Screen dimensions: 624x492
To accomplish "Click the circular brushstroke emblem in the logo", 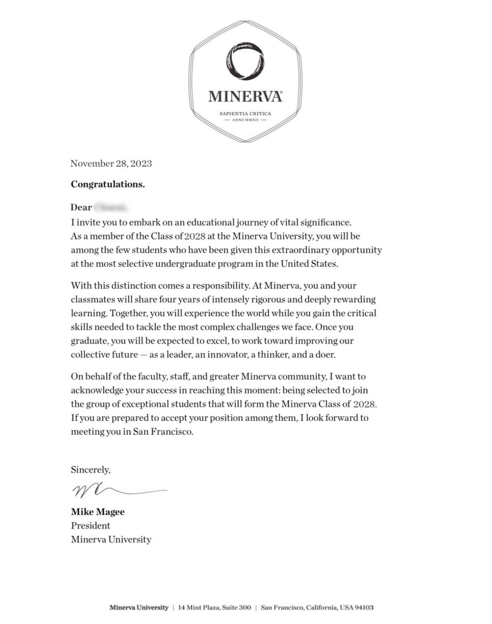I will click(245, 61).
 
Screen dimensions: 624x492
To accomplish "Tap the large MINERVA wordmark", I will click(245, 96).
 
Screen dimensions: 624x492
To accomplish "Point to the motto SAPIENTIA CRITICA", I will click(245, 114).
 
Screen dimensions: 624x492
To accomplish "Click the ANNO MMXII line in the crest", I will click(245, 120).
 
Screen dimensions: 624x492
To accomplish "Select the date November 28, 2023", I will click(111, 164).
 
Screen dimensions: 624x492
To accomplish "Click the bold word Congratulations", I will click(108, 184).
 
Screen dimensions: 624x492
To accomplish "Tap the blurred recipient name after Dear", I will click(111, 207).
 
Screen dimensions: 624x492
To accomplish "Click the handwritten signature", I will click(119, 490).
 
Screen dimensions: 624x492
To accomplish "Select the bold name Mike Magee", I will click(98, 512).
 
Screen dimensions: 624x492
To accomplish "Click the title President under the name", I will click(90, 526).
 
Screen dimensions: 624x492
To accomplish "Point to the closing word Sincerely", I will click(90, 470).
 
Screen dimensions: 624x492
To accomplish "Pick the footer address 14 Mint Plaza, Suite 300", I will click(214, 608).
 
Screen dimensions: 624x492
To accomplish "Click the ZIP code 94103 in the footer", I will click(364, 608).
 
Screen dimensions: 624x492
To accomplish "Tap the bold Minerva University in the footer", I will click(139, 608).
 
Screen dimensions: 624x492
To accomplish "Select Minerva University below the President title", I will click(111, 540).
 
